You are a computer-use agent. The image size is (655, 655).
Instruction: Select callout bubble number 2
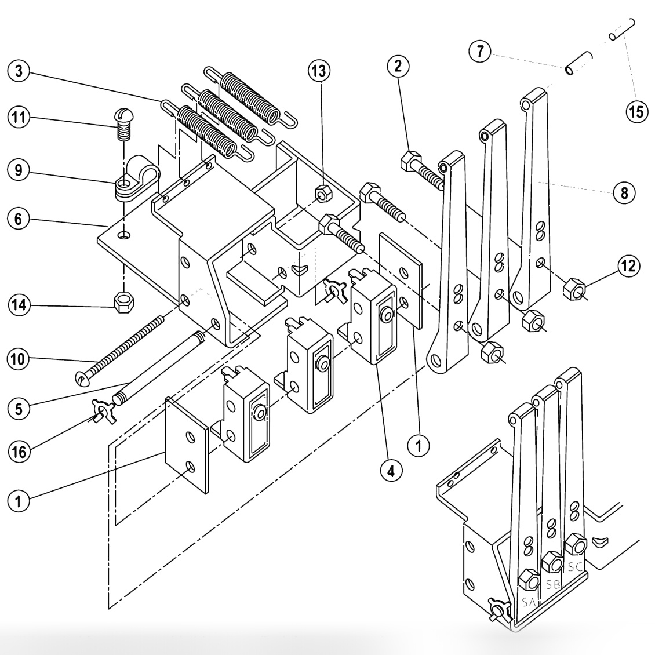click(398, 66)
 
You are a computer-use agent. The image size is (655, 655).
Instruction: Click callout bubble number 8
click(624, 192)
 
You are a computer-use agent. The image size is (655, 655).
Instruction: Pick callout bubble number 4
click(391, 471)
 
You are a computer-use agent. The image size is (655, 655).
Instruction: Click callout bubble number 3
click(19, 72)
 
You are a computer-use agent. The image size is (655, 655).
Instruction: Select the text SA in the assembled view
click(527, 602)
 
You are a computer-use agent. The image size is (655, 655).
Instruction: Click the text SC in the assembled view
click(574, 567)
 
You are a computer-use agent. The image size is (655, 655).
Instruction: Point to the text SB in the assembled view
click(553, 584)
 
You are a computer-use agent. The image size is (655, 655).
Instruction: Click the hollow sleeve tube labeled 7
click(579, 63)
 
